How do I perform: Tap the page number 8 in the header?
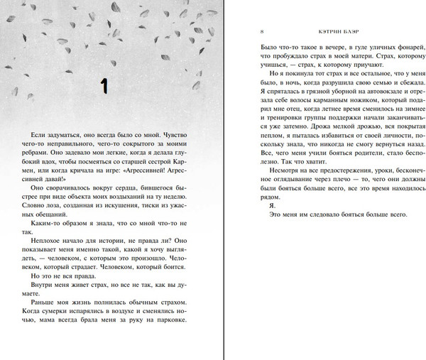tap(263, 32)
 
